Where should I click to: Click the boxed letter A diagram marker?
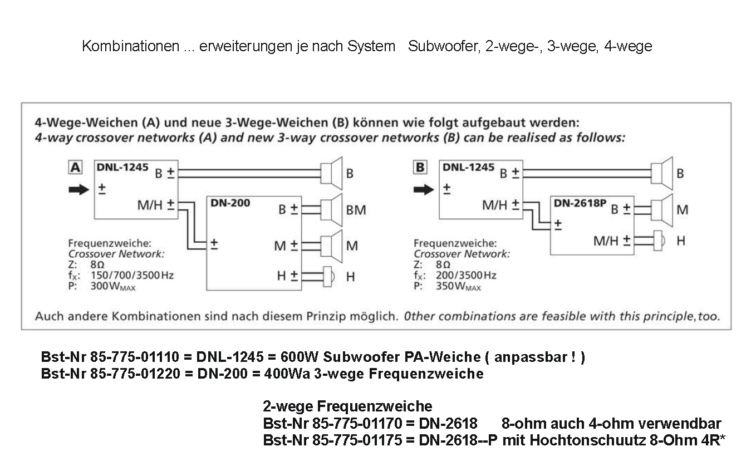75,166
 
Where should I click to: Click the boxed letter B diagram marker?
421,167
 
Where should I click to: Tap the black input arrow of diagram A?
78,190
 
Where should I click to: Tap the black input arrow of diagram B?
424,190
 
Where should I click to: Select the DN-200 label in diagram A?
230,203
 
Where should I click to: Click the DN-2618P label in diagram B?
580,203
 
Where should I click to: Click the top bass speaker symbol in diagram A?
332,173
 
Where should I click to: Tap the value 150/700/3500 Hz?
136,276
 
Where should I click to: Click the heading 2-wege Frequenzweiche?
347,406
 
